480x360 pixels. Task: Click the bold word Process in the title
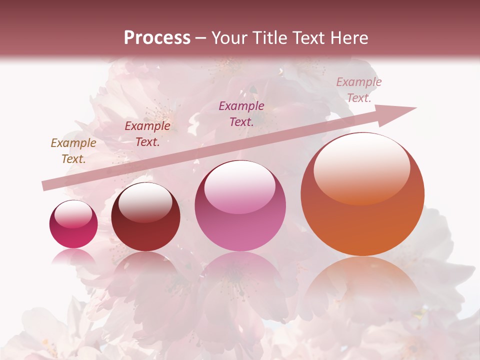[157, 38]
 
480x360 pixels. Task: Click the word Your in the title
[229, 38]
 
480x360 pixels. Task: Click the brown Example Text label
[73, 151]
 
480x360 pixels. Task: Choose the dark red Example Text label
[147, 134]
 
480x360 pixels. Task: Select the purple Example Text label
[241, 113]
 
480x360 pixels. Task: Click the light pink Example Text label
[359, 90]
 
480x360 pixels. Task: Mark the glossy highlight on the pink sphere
[240, 186]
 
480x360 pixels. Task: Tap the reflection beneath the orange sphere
[362, 280]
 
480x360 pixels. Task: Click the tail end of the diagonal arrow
[45, 186]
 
